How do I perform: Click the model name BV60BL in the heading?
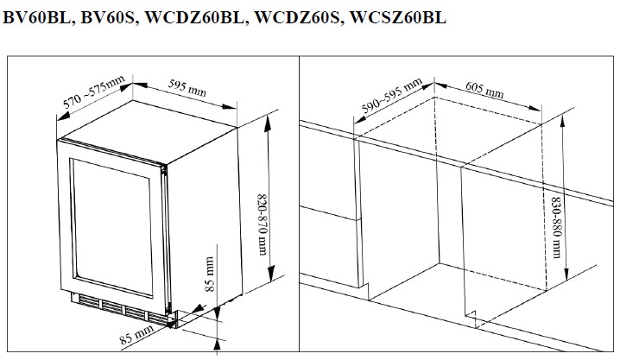pos(35,18)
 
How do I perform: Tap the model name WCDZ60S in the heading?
pos(298,18)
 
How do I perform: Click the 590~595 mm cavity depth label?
pos(390,97)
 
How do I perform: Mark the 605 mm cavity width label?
pos(488,92)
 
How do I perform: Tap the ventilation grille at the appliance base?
pos(117,310)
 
